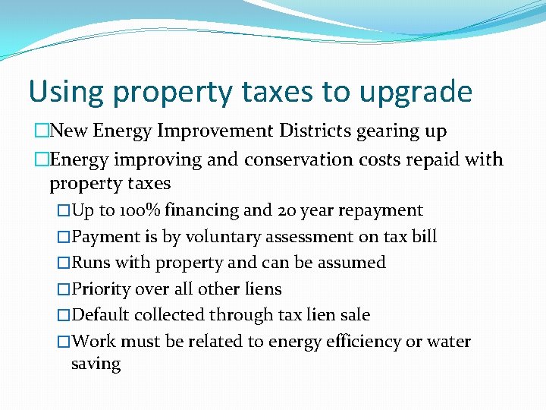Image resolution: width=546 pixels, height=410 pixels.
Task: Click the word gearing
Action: click(386, 132)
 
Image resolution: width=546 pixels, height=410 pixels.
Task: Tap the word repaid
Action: click(438, 159)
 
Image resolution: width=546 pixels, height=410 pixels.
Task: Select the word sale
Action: click(355, 315)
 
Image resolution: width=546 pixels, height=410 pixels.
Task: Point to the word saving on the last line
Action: click(96, 364)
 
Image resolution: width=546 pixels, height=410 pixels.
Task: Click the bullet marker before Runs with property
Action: click(64, 263)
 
